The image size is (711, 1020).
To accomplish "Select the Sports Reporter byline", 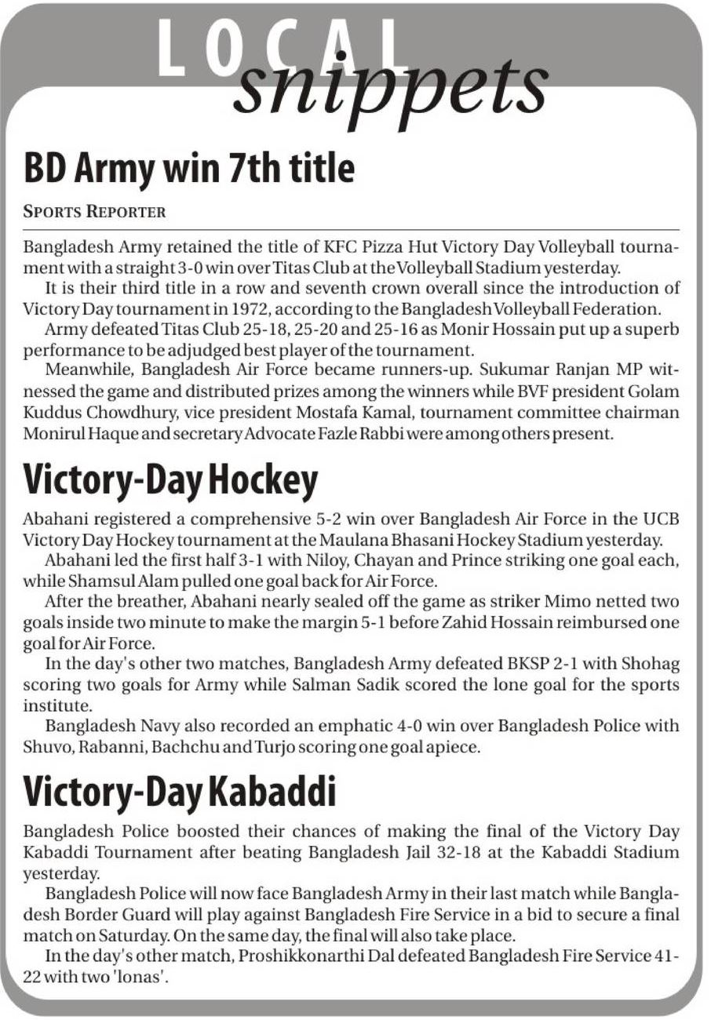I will (x=94, y=211).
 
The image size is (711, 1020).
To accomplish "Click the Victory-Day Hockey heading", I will (x=170, y=480).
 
